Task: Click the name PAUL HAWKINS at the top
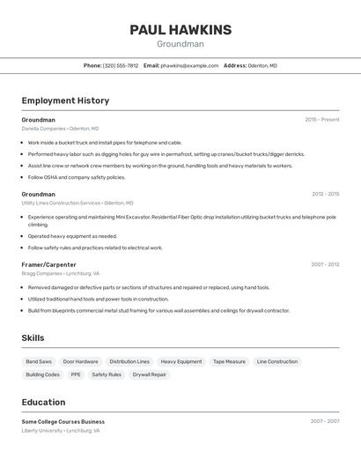pos(180,30)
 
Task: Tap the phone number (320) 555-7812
pos(121,65)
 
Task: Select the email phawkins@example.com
pos(189,65)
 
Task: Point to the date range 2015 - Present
pos(321,120)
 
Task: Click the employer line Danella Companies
pos(60,129)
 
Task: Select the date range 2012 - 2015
pos(325,194)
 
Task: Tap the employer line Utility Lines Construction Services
pos(77,203)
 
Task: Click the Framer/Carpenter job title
pos(48,264)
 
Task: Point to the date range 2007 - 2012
pos(325,264)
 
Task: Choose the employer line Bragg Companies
pos(60,273)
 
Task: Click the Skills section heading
pos(33,337)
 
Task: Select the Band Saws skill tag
pos(39,361)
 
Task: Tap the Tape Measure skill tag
pos(229,361)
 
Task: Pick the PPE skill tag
pos(76,374)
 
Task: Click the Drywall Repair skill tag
pos(149,374)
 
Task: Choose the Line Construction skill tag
pos(276,361)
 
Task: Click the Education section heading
pos(43,402)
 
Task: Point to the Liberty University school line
pos(60,431)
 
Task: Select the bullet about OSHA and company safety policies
pos(76,177)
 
